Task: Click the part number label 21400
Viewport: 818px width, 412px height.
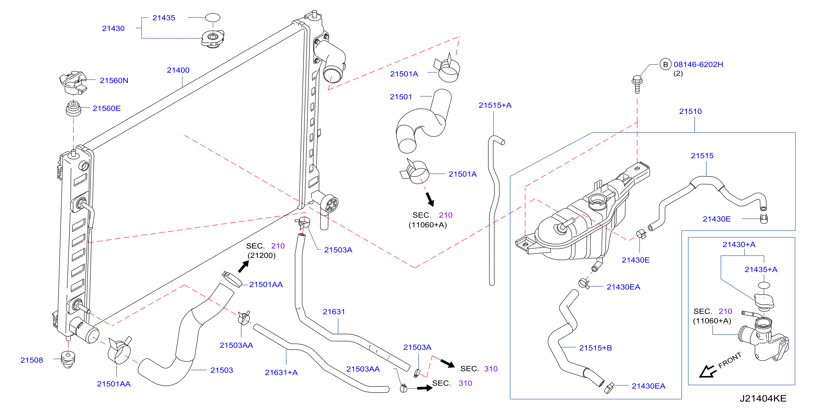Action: [178, 70]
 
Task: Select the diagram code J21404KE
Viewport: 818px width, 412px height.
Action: [763, 398]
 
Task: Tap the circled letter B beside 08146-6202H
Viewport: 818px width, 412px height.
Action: [665, 64]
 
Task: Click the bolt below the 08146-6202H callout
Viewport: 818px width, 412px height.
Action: [637, 84]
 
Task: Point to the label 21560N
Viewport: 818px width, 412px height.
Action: [114, 81]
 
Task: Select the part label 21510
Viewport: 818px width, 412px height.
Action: [690, 111]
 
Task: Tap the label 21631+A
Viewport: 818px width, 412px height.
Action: [281, 373]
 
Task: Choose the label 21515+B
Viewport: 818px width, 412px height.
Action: [595, 348]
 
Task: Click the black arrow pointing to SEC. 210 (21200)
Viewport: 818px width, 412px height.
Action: [244, 266]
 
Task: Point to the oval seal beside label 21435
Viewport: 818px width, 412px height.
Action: [213, 17]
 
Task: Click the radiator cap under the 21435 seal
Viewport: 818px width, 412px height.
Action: [213, 39]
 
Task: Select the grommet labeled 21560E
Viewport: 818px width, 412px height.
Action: [73, 109]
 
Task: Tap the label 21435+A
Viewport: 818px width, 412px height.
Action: [761, 270]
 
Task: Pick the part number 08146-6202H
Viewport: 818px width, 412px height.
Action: [698, 64]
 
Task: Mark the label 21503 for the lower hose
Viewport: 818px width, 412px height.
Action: [222, 370]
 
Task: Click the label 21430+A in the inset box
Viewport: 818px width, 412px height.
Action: [739, 244]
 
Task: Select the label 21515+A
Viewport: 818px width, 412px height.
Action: [495, 105]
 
